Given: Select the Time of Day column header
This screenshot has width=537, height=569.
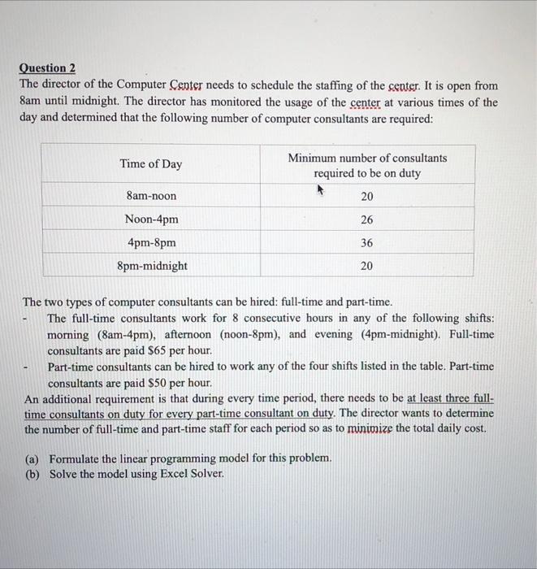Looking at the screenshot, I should coord(151,164).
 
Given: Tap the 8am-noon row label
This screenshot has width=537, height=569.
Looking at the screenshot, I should coord(151,196).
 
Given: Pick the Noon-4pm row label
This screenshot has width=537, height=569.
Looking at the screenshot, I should coord(151,219).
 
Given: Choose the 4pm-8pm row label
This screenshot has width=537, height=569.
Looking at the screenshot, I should coord(151,242).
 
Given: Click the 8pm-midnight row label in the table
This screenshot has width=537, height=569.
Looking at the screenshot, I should coord(151,266).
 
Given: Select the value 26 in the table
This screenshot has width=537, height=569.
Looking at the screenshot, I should coord(366,219).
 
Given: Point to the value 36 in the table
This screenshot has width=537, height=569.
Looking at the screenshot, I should coord(366,242).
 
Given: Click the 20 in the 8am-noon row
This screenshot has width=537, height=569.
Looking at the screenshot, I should coord(366,196).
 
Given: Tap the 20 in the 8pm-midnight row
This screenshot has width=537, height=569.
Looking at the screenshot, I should coord(366,266).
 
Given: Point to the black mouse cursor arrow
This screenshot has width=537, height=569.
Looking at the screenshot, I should coord(320,189).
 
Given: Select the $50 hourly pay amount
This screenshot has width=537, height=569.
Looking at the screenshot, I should coord(154,382).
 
